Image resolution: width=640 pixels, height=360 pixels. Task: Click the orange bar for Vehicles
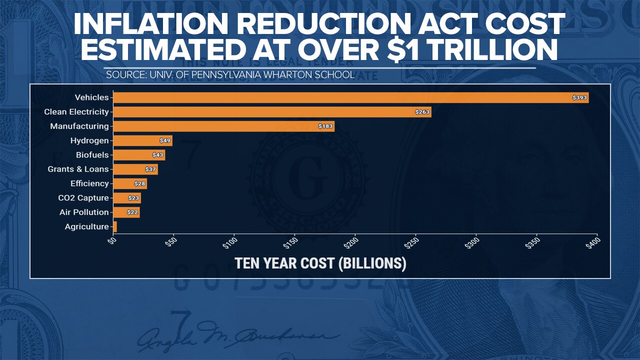pos(350,97)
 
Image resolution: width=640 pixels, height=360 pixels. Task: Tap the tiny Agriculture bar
pos(115,226)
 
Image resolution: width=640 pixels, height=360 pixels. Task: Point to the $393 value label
pos(579,97)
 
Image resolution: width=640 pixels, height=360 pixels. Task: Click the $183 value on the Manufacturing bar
pos(325,126)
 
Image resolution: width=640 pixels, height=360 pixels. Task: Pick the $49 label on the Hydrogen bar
pos(165,141)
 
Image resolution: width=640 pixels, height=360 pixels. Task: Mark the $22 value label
pos(133,212)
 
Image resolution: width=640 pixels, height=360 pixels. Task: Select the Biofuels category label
pos(92,155)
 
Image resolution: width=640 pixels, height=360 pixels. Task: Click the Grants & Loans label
pos(78,169)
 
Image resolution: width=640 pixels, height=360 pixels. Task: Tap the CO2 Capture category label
pos(83,198)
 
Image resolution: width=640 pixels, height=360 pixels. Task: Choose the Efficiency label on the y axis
pos(89,183)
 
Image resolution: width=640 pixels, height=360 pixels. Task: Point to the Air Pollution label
pos(84,212)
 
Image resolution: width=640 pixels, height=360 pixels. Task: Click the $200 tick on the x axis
pos(352,243)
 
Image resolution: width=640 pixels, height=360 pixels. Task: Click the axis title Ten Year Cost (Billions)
pos(320,263)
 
